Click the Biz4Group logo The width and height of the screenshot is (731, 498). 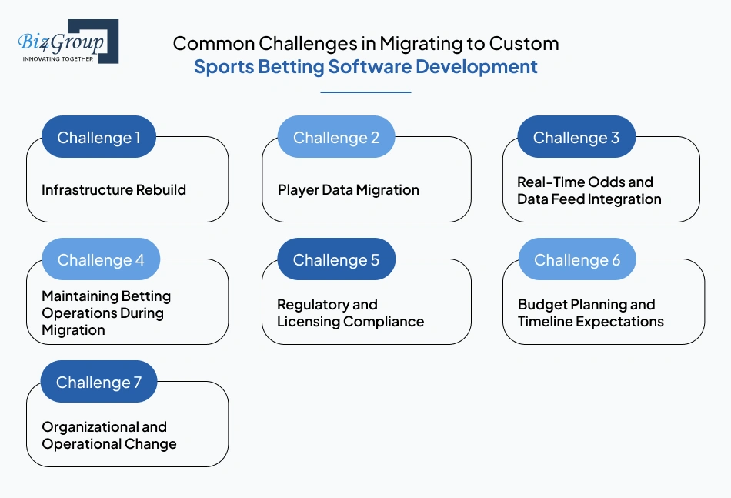(x=68, y=42)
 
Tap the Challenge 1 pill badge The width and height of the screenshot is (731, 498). (x=98, y=138)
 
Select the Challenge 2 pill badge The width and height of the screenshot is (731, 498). (x=335, y=138)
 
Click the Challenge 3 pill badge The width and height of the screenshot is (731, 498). (x=576, y=138)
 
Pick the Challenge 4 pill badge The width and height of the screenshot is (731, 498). (x=100, y=260)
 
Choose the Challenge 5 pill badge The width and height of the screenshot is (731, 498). (x=335, y=260)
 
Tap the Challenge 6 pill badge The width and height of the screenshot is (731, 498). (x=576, y=260)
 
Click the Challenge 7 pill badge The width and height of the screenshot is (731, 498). (x=98, y=383)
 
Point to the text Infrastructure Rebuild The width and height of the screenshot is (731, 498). (x=114, y=190)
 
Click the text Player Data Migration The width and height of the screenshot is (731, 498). (x=348, y=190)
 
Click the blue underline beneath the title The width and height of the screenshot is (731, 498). (x=365, y=92)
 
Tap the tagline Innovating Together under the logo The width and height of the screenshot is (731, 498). (x=58, y=58)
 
